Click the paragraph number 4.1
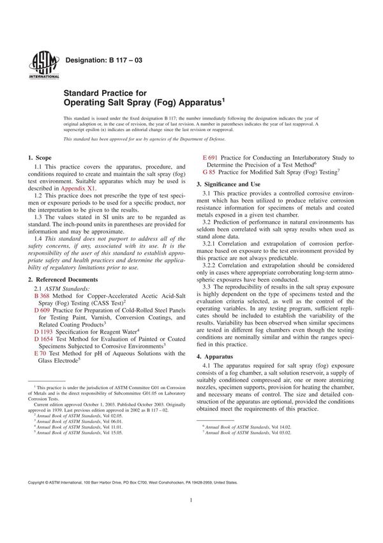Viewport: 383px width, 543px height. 208,367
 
